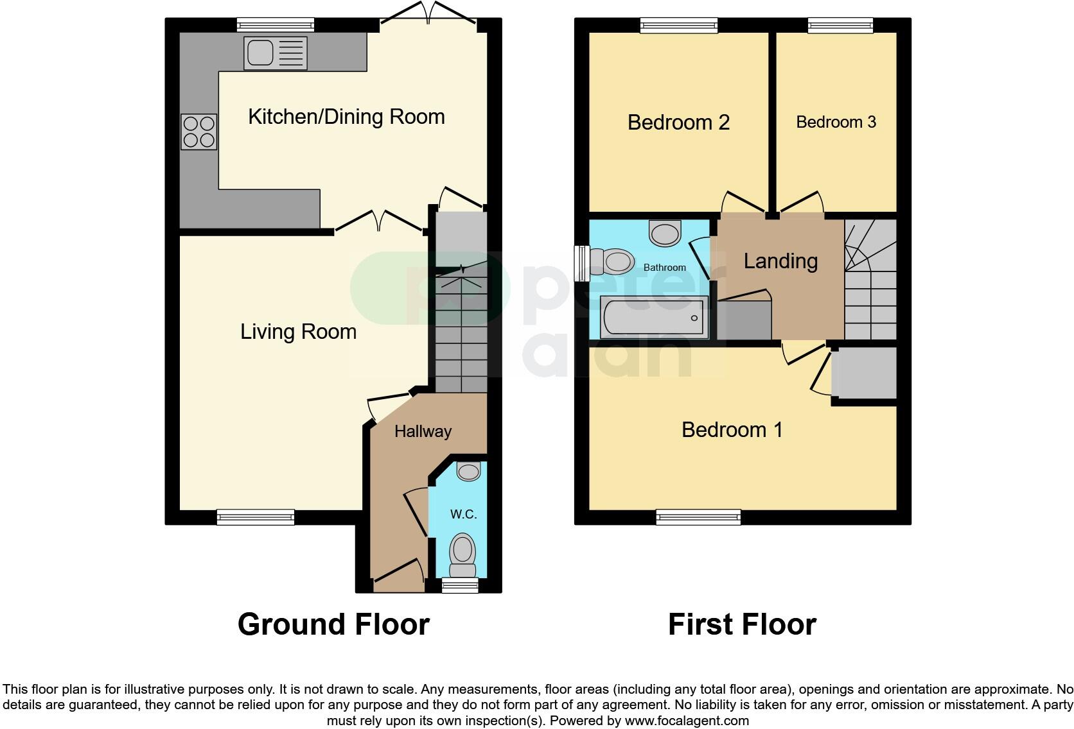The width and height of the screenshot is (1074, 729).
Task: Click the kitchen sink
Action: (275, 53)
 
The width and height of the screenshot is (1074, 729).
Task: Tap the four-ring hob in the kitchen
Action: (198, 132)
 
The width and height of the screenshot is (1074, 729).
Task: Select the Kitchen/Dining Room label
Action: (346, 117)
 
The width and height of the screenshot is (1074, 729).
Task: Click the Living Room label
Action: (298, 332)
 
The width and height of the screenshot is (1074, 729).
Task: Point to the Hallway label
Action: (423, 431)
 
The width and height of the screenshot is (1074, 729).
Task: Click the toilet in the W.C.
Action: (462, 554)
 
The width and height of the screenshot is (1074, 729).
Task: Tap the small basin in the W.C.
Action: (468, 472)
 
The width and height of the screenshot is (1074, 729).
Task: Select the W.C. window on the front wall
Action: (460, 585)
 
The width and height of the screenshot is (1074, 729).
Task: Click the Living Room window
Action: (255, 517)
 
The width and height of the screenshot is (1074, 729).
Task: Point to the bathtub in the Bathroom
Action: (654, 318)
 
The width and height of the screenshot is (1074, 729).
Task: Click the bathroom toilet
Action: (612, 262)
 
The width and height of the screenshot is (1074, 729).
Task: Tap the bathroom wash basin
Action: (665, 233)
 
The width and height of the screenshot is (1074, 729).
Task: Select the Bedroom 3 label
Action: (836, 122)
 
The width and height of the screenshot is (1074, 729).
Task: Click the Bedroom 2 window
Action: (678, 25)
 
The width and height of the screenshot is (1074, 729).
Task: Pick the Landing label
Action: (780, 261)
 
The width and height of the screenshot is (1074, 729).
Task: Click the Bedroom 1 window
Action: (698, 517)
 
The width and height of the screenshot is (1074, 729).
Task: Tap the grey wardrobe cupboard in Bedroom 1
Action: (864, 373)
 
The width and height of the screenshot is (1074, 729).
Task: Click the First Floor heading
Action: (742, 624)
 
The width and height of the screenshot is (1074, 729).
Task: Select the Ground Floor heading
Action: (333, 624)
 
